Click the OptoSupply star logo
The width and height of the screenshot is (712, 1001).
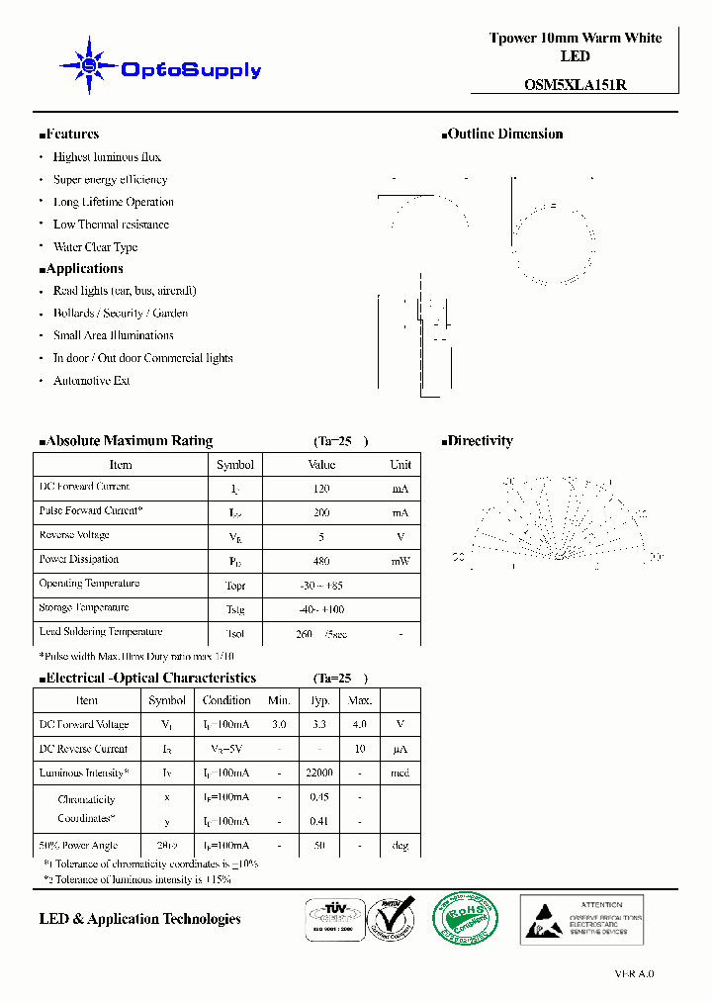pyautogui.click(x=89, y=65)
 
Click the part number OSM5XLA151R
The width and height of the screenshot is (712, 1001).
pyautogui.click(x=575, y=85)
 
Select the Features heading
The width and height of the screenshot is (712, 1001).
pyautogui.click(x=69, y=135)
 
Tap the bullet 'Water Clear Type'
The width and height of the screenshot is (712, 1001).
pyautogui.click(x=95, y=247)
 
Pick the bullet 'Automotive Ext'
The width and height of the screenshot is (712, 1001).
pyautogui.click(x=91, y=381)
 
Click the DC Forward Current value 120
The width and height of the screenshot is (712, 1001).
pyautogui.click(x=321, y=489)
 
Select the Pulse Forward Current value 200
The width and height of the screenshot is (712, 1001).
pyautogui.click(x=321, y=513)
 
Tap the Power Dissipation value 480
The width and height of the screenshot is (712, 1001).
pyautogui.click(x=321, y=562)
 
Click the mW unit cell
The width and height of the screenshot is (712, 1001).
pyautogui.click(x=400, y=562)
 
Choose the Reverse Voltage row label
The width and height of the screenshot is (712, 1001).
pyautogui.click(x=73, y=535)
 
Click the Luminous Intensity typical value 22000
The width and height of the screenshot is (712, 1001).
pyautogui.click(x=319, y=773)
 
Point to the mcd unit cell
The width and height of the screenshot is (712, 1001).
pyautogui.click(x=400, y=773)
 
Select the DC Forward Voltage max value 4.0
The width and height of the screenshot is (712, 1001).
pyautogui.click(x=359, y=725)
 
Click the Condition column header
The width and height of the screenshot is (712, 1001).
pyautogui.click(x=226, y=700)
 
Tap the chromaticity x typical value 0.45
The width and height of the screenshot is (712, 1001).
pyautogui.click(x=319, y=797)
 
